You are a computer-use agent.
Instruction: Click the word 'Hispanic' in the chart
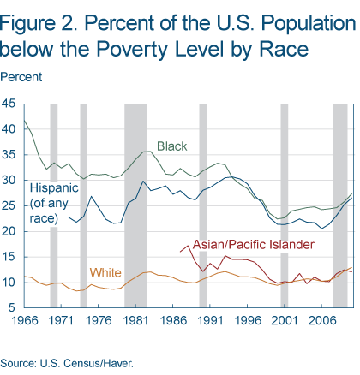pyautogui.click(x=54, y=187)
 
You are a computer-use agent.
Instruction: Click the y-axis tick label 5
pyautogui.click(x=13, y=308)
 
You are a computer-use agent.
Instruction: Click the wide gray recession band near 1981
pyautogui.click(x=135, y=205)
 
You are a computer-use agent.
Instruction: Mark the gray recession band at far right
pyautogui.click(x=340, y=205)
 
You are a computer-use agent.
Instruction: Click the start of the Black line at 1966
pyautogui.click(x=25, y=120)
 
